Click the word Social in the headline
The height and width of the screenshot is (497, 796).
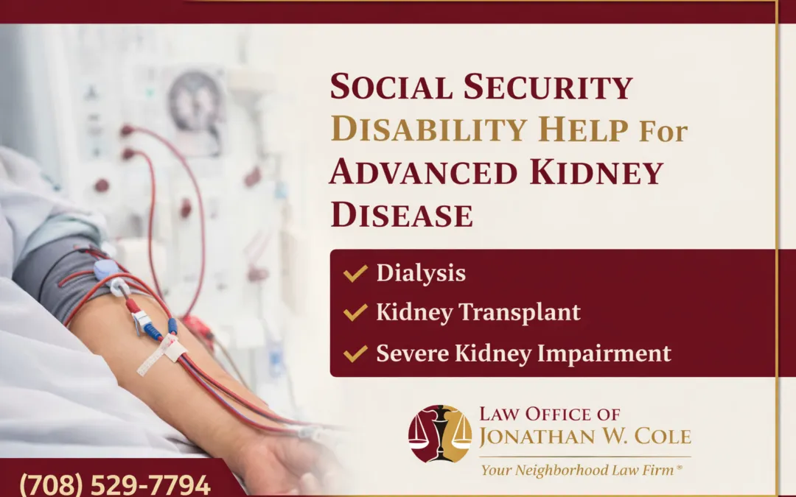(x=391, y=87)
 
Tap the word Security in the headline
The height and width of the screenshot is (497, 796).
(x=548, y=87)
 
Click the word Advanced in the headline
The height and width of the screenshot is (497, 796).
(x=422, y=172)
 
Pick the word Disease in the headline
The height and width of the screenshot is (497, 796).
(x=402, y=215)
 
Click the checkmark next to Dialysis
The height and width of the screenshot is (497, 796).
(x=355, y=273)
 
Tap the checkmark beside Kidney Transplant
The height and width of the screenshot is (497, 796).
(x=355, y=313)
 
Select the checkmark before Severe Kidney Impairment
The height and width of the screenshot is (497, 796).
(x=355, y=353)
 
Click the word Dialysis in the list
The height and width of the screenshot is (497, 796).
(x=421, y=273)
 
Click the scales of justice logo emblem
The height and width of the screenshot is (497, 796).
(x=440, y=434)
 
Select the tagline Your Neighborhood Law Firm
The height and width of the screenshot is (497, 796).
(x=582, y=470)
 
